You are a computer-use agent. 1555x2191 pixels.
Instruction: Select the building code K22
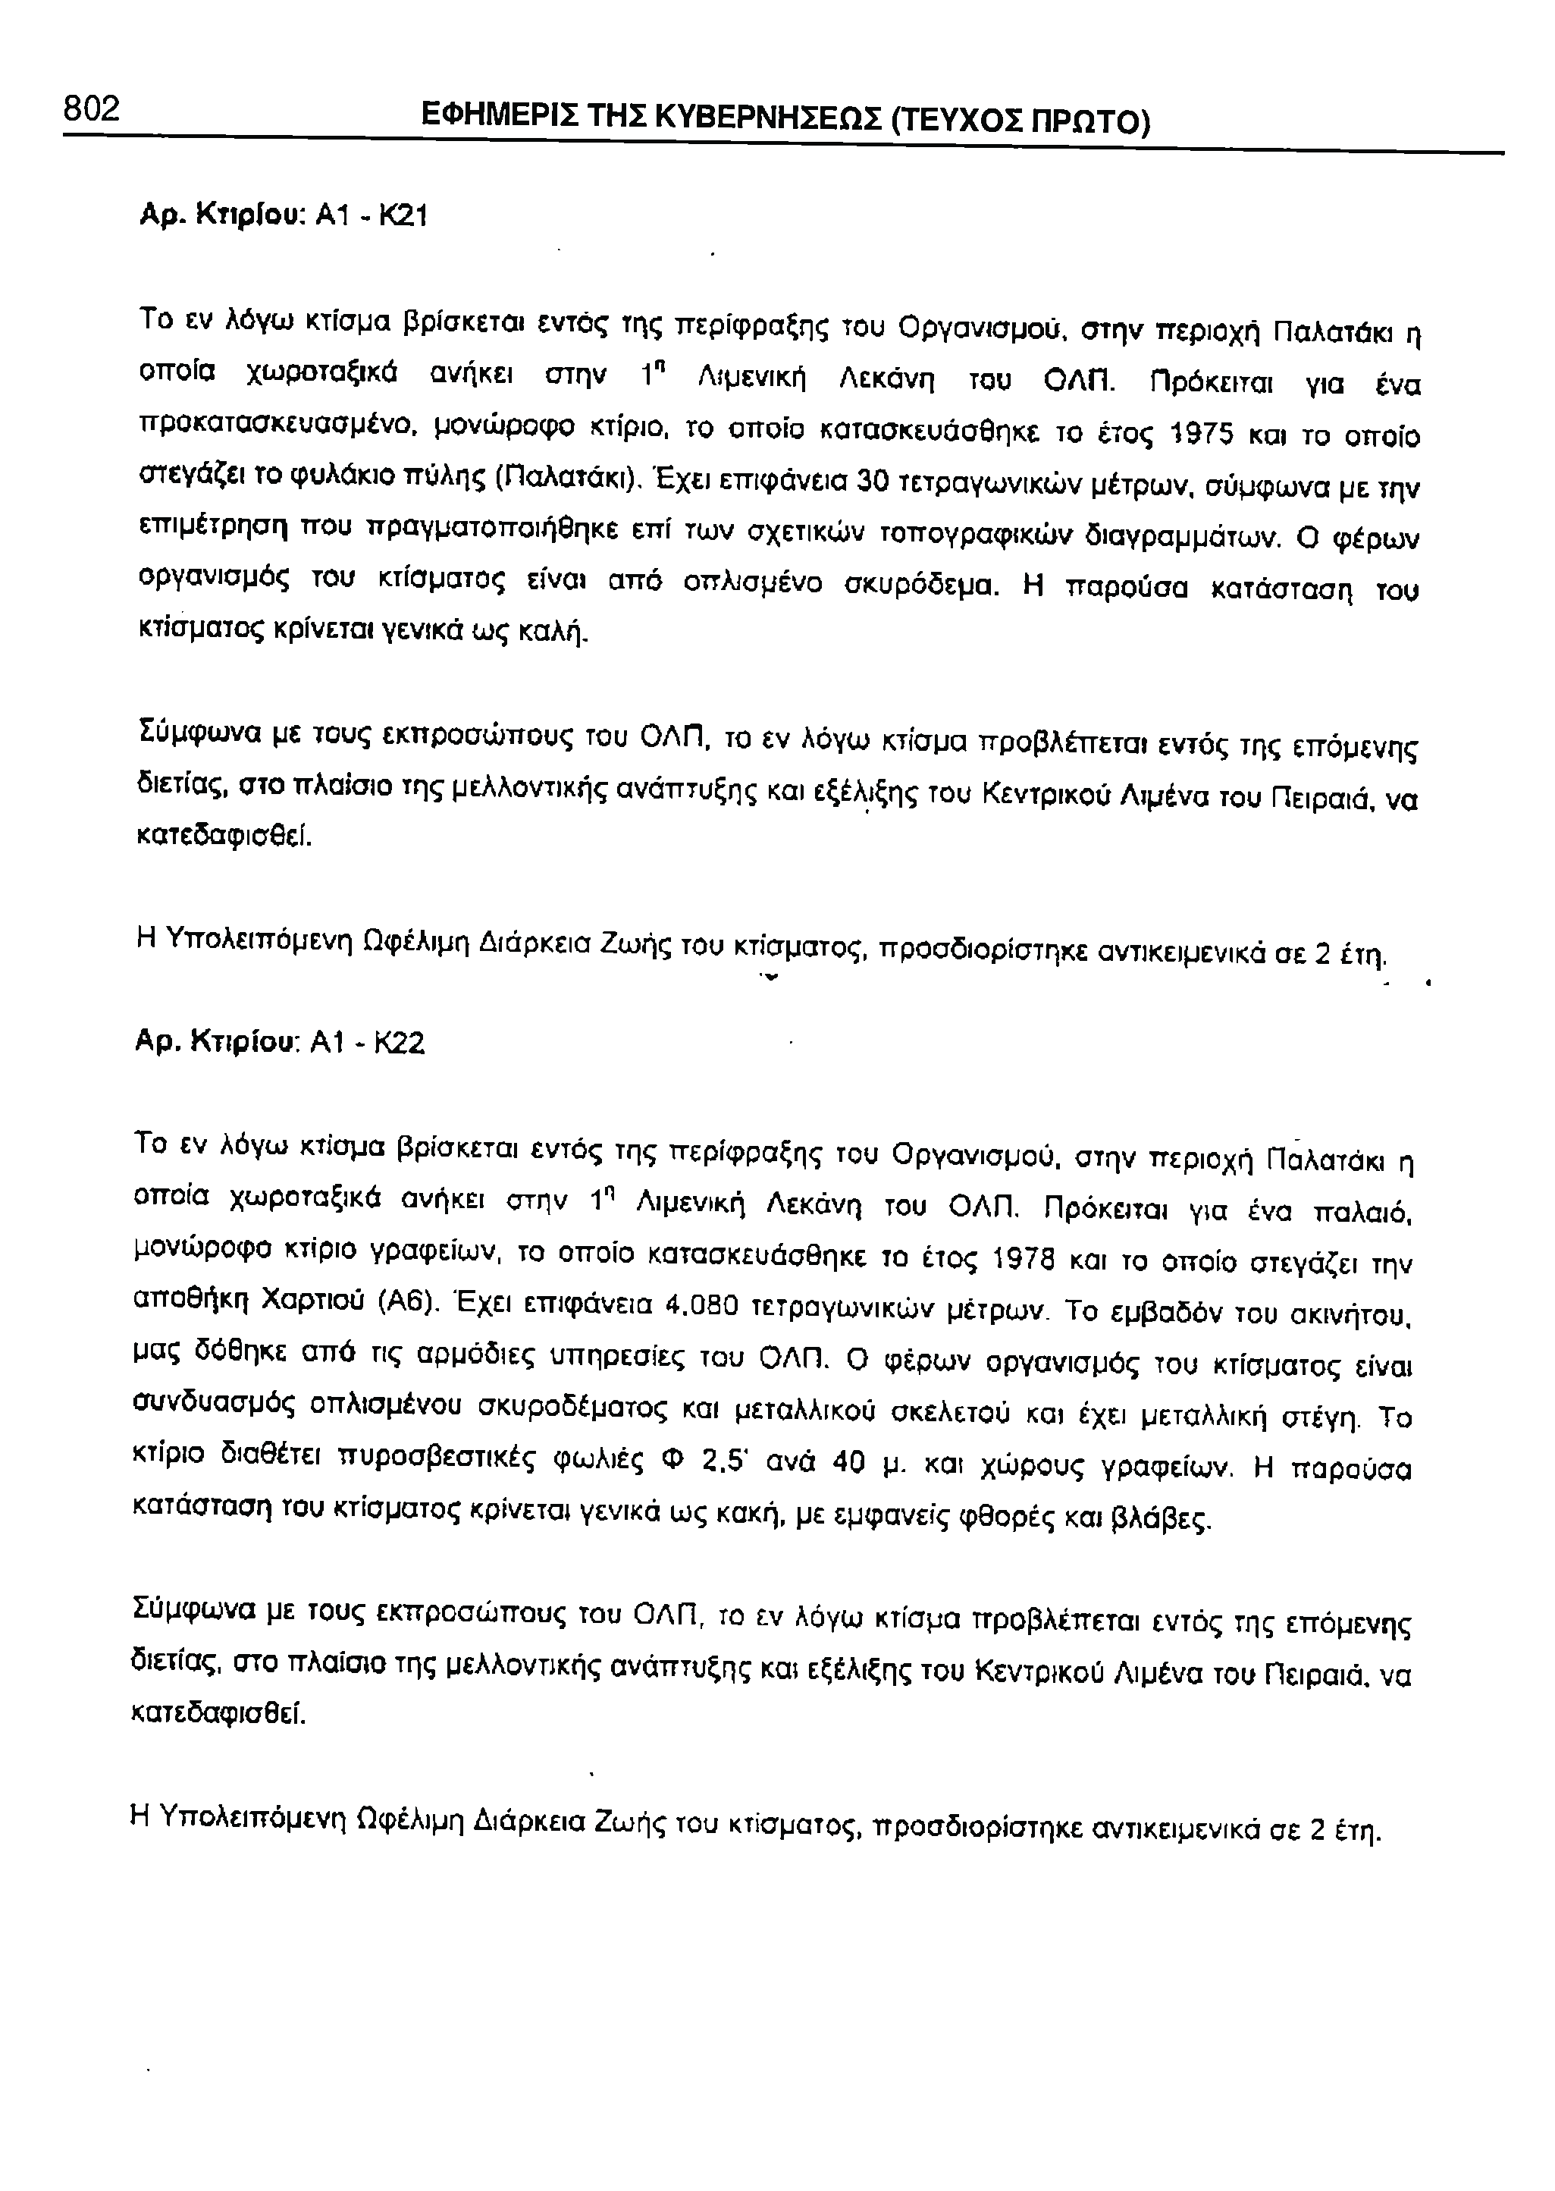[x=400, y=1042]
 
